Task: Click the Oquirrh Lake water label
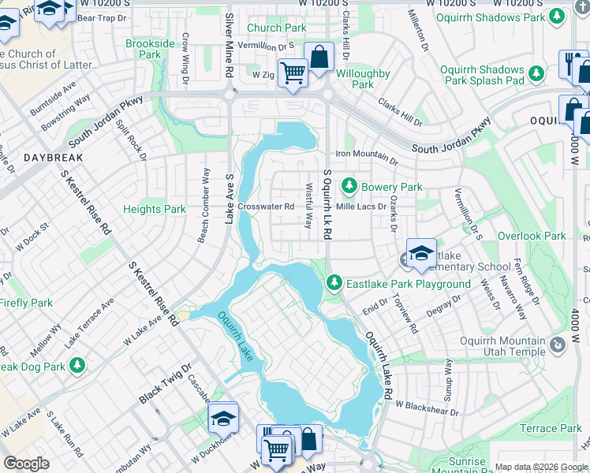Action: [234, 337]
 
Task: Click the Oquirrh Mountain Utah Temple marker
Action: [558, 345]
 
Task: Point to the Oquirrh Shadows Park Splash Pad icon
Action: [536, 74]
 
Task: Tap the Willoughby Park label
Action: [363, 79]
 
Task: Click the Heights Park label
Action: [155, 209]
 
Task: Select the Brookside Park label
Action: [144, 50]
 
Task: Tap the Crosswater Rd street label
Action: [266, 207]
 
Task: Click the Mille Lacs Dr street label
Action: [361, 207]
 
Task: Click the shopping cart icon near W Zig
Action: [293, 73]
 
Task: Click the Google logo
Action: [27, 464]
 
